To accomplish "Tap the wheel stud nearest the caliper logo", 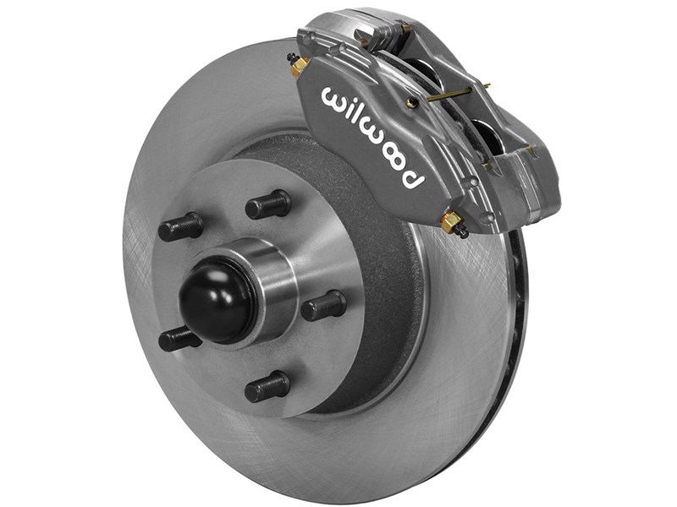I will [x=269, y=204].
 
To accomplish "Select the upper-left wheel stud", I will [x=180, y=226].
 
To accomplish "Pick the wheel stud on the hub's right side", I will [x=324, y=306].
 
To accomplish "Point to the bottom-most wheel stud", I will [x=267, y=387].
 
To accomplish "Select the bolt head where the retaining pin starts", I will [x=412, y=102].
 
